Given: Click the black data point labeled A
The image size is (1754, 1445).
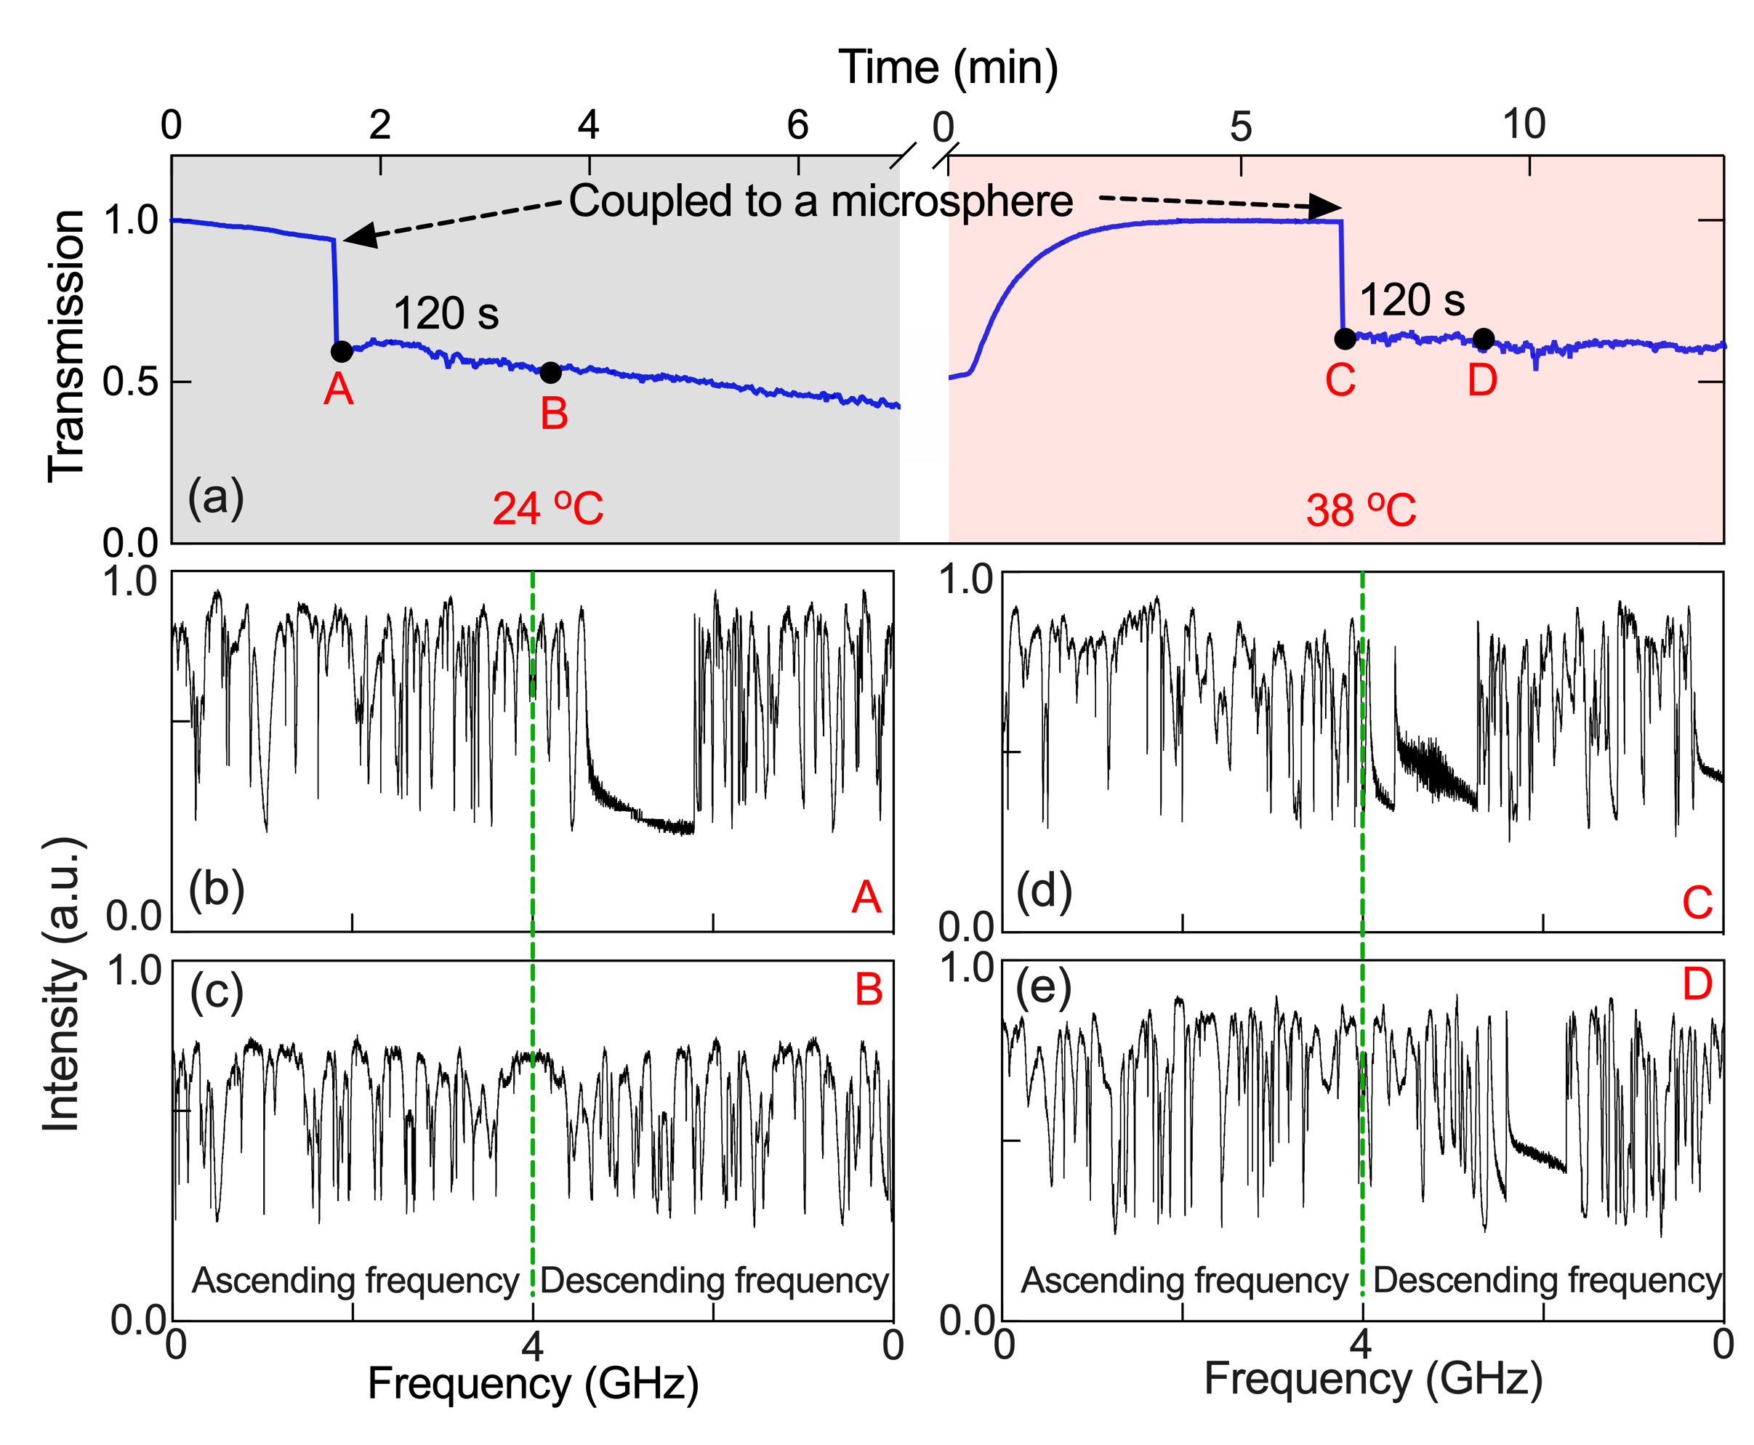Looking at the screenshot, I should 342,351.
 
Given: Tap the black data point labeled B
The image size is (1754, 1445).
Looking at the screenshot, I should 550,373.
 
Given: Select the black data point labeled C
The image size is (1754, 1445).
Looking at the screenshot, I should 1345,339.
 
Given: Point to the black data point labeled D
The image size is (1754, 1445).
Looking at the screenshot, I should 1483,339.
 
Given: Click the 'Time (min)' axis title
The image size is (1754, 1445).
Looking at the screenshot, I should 947,67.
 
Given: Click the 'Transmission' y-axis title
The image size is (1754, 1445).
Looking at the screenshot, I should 67,345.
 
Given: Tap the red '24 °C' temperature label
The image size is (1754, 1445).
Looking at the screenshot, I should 548,509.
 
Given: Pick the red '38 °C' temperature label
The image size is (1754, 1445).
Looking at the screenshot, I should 1360,510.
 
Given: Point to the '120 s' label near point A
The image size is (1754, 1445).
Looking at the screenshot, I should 446,314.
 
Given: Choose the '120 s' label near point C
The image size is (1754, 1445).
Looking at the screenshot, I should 1412,300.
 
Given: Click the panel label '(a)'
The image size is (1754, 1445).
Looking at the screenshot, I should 216,497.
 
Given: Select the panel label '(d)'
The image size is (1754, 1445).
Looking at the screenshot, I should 1044,890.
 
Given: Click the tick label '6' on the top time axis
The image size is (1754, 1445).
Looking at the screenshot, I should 797,125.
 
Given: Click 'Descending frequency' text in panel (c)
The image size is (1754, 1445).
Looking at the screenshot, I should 715,1279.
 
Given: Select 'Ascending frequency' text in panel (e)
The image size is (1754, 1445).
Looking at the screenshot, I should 1184,1279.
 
